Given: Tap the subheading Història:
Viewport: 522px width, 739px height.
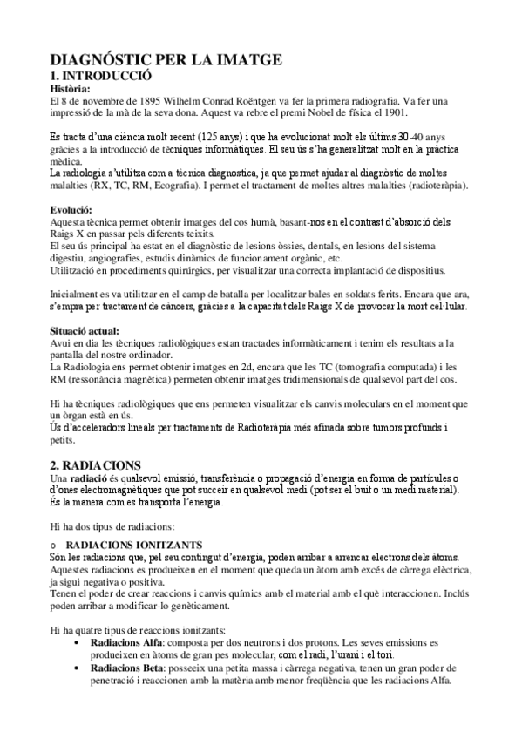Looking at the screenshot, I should [x=73, y=89].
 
